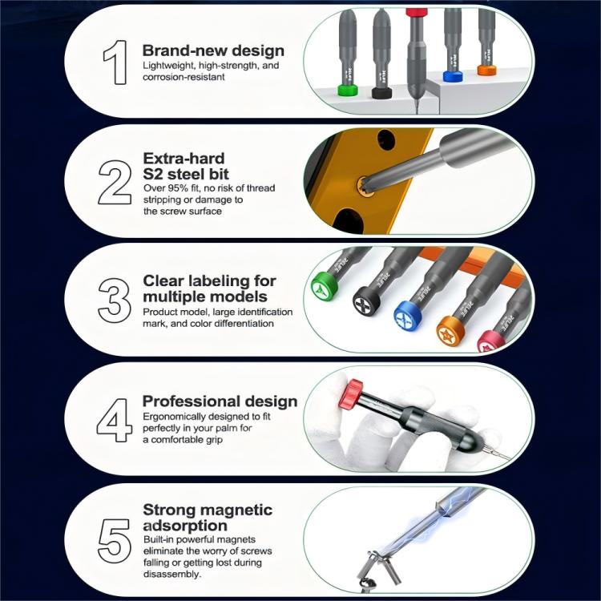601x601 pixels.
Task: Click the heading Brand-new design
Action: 213,50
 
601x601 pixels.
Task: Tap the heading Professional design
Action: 220,401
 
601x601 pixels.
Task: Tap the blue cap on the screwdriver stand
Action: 453,77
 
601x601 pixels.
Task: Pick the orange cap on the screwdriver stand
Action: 487,70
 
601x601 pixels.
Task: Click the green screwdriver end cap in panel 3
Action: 324,285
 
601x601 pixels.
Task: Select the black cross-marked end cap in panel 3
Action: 368,300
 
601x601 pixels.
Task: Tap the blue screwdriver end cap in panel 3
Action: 409,317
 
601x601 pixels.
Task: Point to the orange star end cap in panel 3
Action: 450,329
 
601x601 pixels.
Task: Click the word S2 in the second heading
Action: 154,173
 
